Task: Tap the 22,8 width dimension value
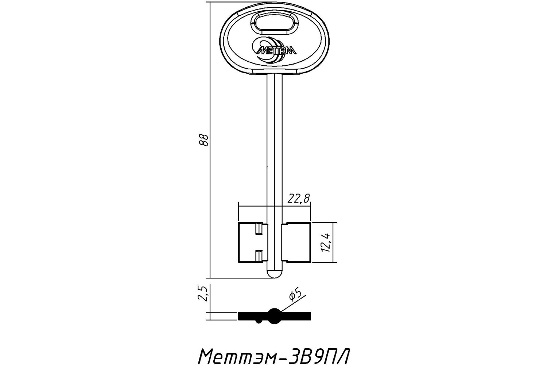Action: [298, 199]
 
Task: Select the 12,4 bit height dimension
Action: [326, 242]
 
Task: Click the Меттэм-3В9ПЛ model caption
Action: [274, 356]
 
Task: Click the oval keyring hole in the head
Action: [275, 23]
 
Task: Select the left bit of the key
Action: [253, 242]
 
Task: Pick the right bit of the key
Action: [296, 242]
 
